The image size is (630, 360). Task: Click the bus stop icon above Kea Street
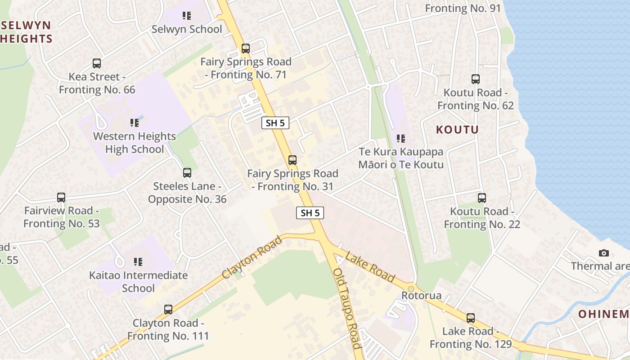[x=97, y=63]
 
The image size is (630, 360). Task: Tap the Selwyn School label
[x=187, y=29]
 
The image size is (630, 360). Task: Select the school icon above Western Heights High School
[x=135, y=122]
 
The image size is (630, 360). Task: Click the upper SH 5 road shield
[x=275, y=123]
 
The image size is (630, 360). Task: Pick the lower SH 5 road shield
[x=310, y=213]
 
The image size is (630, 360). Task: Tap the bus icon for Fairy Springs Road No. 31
[x=292, y=160]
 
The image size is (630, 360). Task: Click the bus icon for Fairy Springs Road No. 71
[x=246, y=49]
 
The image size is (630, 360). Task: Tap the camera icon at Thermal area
[x=604, y=253]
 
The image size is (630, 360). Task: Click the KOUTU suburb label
[x=457, y=130]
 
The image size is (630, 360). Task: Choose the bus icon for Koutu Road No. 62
[x=476, y=79]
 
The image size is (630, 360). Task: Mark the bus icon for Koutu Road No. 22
[x=482, y=198]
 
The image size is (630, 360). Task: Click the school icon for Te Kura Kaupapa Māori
[x=401, y=139]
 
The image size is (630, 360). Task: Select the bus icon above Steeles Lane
[x=187, y=173]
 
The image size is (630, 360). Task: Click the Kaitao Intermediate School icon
[x=138, y=261]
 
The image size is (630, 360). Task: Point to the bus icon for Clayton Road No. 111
[x=168, y=310]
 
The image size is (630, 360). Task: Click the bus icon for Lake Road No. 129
[x=471, y=318]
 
